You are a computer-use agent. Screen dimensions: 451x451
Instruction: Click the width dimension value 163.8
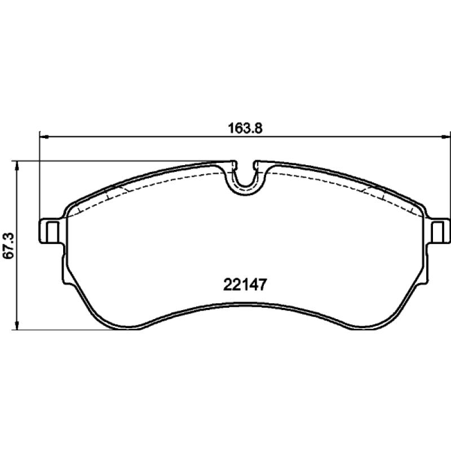click(x=245, y=129)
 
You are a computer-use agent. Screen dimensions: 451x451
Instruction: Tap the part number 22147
click(x=245, y=285)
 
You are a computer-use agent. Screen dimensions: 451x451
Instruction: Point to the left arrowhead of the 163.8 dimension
click(x=44, y=137)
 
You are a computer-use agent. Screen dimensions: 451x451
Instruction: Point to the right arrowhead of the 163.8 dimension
click(x=445, y=137)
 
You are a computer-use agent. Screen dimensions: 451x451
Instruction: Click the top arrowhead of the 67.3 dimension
click(x=17, y=166)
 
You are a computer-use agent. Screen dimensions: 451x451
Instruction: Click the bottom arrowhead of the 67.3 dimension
click(x=17, y=325)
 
